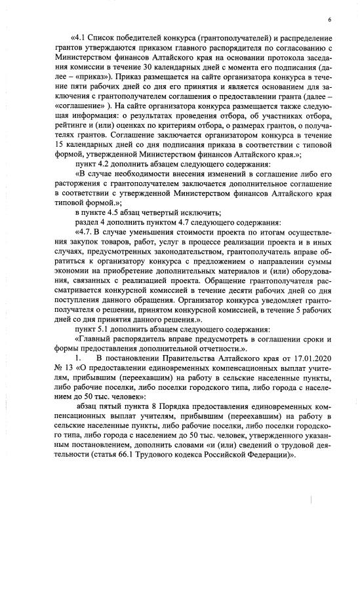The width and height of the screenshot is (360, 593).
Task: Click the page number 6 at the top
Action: (x=329, y=20)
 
